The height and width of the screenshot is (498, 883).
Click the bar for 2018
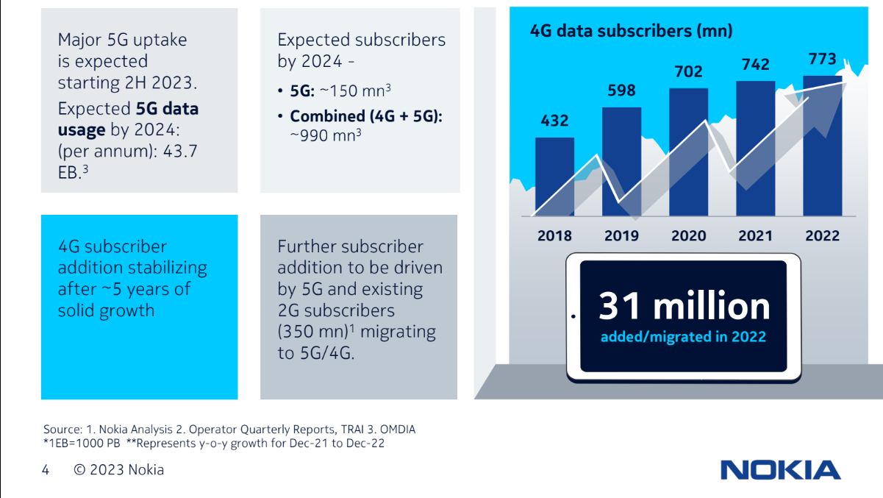coord(554,177)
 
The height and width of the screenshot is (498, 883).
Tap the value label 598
coord(621,90)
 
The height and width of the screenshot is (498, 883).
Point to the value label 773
coord(822,59)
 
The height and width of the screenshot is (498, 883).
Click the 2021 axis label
coord(755,236)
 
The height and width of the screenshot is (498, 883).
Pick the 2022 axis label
coord(822,236)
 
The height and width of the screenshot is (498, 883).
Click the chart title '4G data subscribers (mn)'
coord(632,31)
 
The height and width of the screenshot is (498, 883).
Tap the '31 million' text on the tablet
coord(684,306)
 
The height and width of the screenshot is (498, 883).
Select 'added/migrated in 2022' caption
coord(683,338)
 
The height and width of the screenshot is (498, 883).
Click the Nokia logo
coord(780,470)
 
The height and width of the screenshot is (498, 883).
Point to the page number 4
coord(46,470)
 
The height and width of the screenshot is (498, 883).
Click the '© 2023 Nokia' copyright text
coord(119,470)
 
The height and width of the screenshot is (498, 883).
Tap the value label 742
coord(755,65)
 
